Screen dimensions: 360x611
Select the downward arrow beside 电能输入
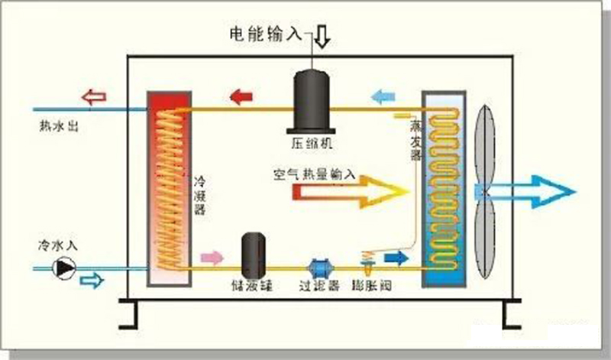click(322, 35)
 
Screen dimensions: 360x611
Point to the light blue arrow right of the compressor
click(382, 96)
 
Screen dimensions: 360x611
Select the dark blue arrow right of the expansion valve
click(395, 258)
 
